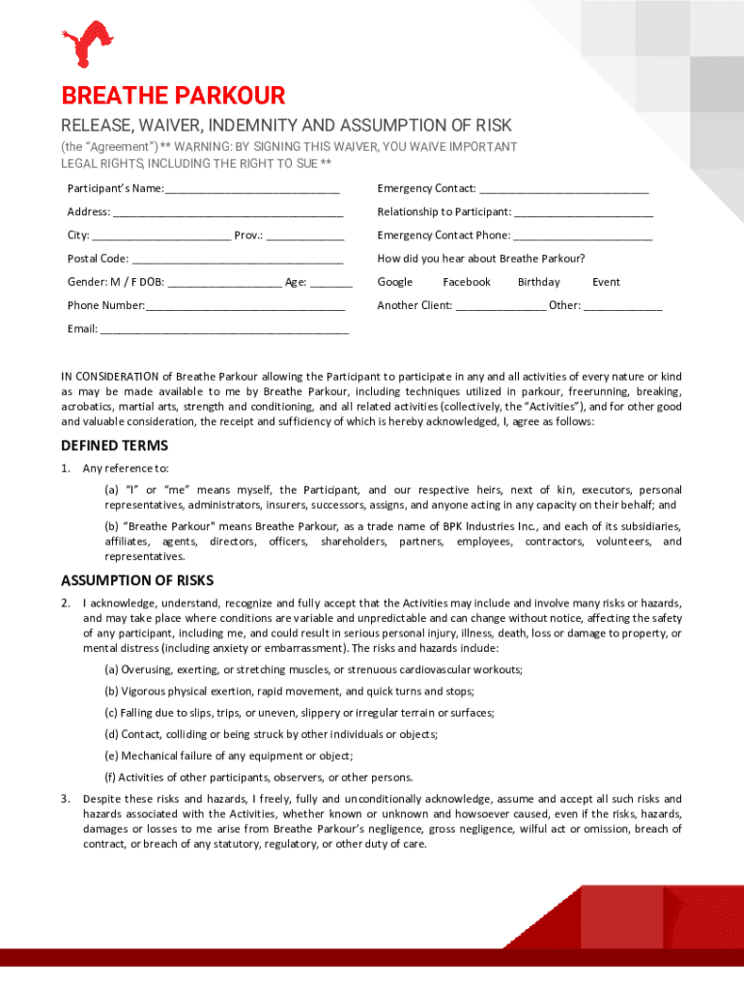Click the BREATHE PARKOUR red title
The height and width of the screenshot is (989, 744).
173,97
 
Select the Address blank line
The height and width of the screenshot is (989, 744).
227,212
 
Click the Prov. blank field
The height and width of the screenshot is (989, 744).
305,236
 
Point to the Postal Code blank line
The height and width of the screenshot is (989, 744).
237,260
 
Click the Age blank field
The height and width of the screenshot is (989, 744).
331,283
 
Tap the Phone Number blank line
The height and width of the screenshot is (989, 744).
245,306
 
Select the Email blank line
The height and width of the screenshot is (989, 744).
224,330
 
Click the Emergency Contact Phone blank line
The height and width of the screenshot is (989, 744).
583,236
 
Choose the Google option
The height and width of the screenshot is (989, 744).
394,282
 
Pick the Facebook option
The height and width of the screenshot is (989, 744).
467,282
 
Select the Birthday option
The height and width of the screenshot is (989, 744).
538,282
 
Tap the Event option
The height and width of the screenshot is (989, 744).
606,282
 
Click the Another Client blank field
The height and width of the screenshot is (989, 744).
501,306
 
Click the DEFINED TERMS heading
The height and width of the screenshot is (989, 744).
114,445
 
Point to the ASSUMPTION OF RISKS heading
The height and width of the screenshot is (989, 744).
137,580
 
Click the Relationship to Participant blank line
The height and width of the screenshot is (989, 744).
584,212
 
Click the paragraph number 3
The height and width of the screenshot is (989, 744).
65,799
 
